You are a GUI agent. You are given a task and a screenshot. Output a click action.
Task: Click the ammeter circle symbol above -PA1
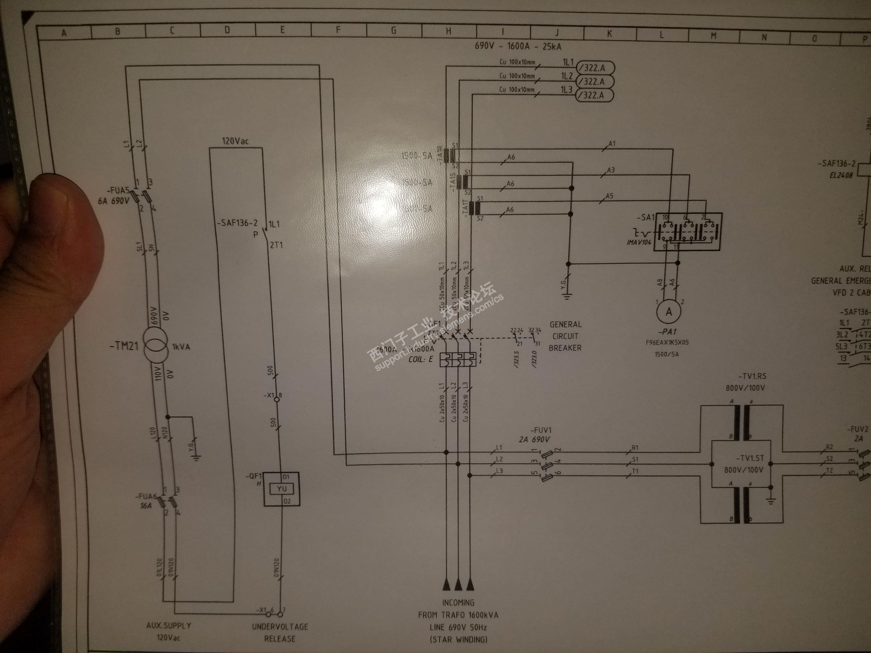[x=668, y=312]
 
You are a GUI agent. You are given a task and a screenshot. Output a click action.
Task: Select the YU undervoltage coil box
[x=282, y=489]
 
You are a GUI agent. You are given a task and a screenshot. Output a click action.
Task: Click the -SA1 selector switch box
[x=688, y=232]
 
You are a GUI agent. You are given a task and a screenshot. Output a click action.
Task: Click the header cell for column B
[x=118, y=31]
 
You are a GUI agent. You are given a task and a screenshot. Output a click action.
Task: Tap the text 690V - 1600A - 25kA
[x=518, y=46]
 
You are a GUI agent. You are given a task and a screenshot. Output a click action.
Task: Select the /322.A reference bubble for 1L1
[x=594, y=68]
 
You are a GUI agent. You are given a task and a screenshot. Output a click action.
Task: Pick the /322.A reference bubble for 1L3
[x=594, y=95]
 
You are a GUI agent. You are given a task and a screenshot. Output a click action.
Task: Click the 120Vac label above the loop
[x=235, y=141]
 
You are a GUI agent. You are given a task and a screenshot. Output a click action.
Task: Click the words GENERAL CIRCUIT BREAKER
[x=565, y=336]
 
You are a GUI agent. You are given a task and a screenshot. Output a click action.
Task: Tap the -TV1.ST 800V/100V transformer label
[x=743, y=464]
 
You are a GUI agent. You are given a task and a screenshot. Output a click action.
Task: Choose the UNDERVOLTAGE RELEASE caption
[x=280, y=632]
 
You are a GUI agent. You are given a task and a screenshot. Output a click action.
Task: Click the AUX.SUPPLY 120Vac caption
[x=169, y=631]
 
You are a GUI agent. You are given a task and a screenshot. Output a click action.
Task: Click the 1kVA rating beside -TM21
[x=181, y=347]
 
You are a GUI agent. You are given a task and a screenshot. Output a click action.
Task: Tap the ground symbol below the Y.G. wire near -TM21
[x=196, y=457]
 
